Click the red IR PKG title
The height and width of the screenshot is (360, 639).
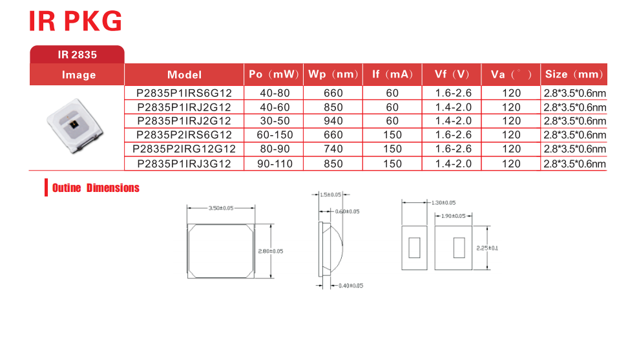[x=76, y=21]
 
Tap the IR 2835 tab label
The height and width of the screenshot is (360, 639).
[x=77, y=55]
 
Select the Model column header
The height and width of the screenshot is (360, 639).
[x=184, y=74]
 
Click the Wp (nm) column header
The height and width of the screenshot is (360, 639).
[x=333, y=74]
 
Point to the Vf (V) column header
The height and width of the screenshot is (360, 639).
[x=452, y=74]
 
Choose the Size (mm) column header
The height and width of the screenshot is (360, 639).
[x=574, y=74]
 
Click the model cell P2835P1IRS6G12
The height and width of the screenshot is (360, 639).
[x=184, y=93]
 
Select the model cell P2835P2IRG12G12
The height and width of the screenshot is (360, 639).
[x=184, y=149]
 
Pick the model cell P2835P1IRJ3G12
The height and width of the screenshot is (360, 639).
[x=184, y=164]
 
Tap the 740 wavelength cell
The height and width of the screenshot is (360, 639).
[x=333, y=149]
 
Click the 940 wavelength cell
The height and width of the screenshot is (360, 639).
[x=333, y=121]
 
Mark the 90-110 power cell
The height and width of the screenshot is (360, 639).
[x=275, y=164]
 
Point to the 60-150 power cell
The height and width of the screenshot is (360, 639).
[x=275, y=134]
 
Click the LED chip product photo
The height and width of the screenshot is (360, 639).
[x=75, y=125]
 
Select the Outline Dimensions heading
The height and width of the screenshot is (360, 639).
[x=96, y=188]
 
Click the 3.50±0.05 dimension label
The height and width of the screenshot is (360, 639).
[x=221, y=208]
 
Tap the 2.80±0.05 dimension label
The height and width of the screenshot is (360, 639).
[x=271, y=251]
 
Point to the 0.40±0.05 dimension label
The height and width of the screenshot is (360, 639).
[x=351, y=286]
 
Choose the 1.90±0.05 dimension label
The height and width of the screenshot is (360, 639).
[x=453, y=216]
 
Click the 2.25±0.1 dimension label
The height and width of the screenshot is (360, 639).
[x=487, y=248]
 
